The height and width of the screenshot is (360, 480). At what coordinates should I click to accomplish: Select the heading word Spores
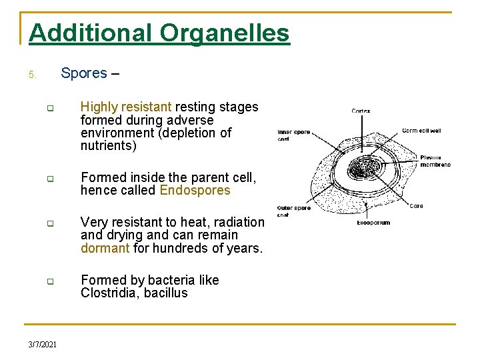click(84, 73)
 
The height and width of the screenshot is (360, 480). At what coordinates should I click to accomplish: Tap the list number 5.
click(33, 75)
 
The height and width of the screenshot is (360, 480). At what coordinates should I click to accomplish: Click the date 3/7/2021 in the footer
click(43, 344)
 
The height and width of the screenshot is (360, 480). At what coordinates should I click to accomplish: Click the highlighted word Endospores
click(195, 191)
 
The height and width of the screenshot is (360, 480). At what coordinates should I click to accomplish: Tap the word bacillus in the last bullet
click(165, 293)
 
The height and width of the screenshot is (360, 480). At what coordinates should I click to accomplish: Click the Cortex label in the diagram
click(361, 111)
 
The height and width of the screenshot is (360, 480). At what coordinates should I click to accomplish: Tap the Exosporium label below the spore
click(373, 223)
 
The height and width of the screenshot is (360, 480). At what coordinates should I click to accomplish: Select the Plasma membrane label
click(436, 161)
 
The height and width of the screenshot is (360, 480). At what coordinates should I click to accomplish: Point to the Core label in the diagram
click(416, 206)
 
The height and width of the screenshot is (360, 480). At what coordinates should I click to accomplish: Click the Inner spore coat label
click(294, 135)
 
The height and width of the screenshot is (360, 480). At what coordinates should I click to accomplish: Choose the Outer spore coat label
click(294, 211)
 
